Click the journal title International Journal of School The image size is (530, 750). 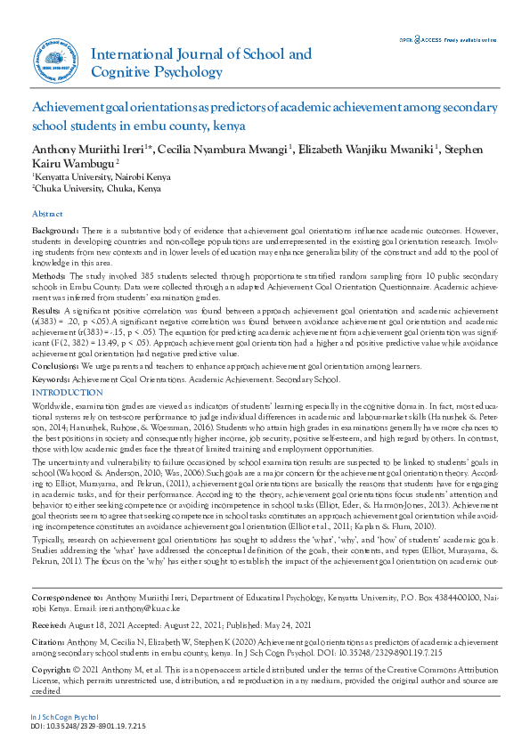[201, 54]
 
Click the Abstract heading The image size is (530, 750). [47, 215]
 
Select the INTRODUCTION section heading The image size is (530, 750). [67, 393]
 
